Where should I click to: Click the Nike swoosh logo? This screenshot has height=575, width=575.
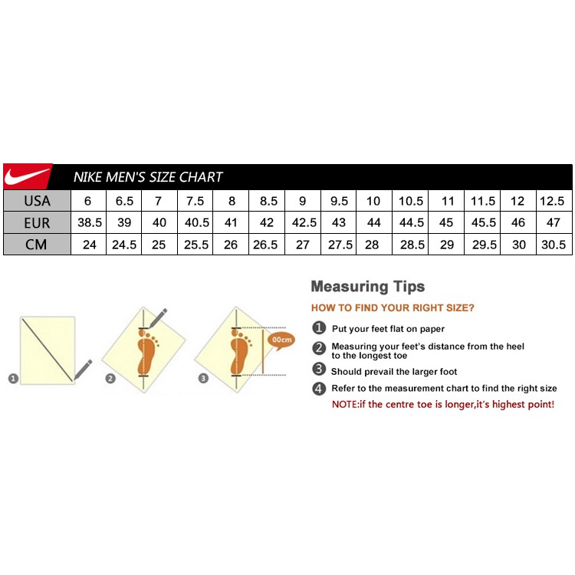point(25,176)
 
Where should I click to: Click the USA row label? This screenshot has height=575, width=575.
point(37,201)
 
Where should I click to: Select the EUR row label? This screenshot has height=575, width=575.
point(37,222)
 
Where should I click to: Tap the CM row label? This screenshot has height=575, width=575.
point(36,245)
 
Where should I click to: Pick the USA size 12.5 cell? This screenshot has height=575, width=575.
point(554,201)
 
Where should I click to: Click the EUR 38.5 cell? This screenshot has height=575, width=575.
point(89,222)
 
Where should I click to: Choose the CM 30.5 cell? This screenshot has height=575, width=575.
point(554,245)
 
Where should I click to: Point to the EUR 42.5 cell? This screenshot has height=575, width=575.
point(303,222)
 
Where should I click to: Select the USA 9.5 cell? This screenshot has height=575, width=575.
point(338,201)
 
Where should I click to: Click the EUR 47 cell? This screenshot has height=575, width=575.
point(554,222)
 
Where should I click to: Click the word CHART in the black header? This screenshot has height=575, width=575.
point(201,177)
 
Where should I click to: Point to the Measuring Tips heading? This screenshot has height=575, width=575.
point(368,287)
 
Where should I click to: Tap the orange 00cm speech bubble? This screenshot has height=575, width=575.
point(281,340)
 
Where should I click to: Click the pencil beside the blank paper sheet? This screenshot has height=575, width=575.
point(83,370)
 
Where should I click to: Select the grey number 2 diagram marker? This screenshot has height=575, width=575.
point(110,379)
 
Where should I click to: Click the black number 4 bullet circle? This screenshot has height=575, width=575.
point(319,389)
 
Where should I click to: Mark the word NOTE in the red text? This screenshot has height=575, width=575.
point(345,405)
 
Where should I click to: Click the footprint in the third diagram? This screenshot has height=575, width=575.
point(240,351)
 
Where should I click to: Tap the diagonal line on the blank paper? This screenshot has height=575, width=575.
point(48,350)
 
